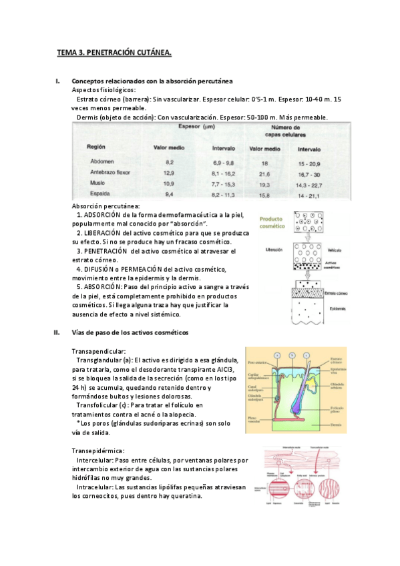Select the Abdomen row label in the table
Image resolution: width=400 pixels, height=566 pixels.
pos(102,162)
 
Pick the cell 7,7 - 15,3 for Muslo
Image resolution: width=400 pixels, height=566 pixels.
pos(224,182)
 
